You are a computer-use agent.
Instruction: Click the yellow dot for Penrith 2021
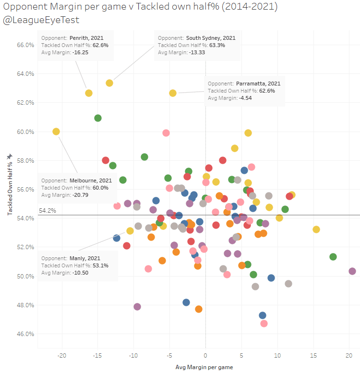tap(89, 93)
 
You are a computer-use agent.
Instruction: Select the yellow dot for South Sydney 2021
tap(109, 83)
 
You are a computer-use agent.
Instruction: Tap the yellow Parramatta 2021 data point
tap(173, 93)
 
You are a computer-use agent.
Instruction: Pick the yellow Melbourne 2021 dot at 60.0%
tap(56, 132)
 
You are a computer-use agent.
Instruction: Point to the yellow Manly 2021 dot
tap(130, 231)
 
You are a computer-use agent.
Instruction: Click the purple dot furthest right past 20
tap(352, 271)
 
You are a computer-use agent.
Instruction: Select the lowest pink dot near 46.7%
tap(264, 324)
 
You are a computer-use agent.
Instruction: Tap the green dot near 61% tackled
tap(98, 118)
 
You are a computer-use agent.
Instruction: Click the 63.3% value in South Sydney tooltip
tap(216, 45)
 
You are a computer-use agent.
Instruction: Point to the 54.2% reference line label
tap(47, 211)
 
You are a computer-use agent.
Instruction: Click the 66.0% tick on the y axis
tap(25, 45)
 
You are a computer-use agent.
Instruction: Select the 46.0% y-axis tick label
tap(25, 334)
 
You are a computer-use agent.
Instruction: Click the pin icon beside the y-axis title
tap(10, 157)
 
